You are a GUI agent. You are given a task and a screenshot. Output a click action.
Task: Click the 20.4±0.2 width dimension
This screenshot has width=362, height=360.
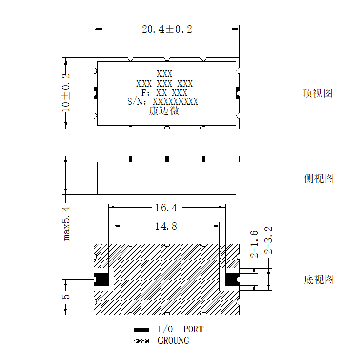[167, 29]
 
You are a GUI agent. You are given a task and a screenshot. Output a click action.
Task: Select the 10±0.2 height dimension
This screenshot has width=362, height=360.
[66, 93]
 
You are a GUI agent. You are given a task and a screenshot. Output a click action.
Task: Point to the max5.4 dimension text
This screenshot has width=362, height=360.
[66, 223]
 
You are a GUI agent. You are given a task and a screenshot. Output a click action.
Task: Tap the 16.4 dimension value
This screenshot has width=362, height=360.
[166, 208]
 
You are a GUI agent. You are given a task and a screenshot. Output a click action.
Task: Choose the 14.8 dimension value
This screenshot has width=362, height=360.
[166, 226]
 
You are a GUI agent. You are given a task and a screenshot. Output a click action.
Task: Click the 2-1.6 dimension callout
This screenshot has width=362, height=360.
[254, 244]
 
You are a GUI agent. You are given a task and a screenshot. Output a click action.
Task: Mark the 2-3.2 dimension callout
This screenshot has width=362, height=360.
[268, 241]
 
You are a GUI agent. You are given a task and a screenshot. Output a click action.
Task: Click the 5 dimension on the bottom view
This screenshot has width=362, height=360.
[66, 297]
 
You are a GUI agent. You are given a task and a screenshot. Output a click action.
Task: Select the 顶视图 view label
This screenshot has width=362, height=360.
[318, 93]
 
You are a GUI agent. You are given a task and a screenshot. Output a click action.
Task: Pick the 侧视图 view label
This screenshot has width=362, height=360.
[318, 178]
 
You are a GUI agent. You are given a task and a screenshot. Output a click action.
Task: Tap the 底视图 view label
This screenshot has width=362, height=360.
[318, 279]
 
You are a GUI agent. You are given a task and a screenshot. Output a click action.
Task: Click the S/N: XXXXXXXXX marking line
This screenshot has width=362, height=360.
[163, 102]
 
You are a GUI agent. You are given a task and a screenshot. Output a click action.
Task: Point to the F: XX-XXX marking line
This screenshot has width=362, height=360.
[164, 93]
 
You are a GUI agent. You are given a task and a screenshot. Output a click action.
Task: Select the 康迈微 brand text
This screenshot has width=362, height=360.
[164, 111]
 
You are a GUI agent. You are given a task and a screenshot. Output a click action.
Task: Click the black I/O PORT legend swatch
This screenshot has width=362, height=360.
[142, 330]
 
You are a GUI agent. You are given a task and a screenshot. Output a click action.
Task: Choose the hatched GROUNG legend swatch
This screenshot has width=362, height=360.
[142, 341]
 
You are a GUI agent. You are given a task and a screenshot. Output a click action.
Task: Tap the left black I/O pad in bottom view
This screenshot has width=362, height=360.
[102, 279]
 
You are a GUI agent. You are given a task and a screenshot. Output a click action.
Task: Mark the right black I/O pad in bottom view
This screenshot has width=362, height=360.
[232, 279]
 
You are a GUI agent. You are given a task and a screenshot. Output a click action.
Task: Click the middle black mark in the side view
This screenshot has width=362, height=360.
[167, 159]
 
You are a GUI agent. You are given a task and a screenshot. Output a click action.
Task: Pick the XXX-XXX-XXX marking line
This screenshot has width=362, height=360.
[165, 84]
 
